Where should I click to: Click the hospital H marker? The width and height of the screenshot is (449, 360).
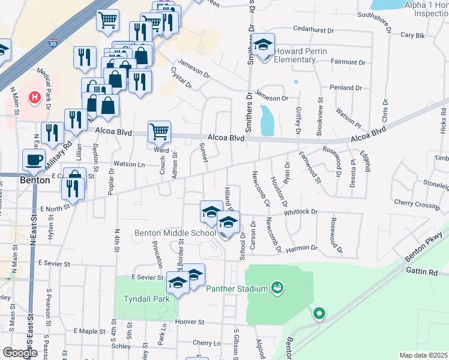click(x=35, y=96)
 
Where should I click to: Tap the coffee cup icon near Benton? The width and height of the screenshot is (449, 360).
click(x=34, y=160)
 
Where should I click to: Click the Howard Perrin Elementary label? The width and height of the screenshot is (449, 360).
click(x=300, y=55)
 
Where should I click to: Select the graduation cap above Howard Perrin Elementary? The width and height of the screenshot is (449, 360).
click(x=262, y=45)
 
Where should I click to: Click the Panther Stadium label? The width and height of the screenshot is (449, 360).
click(x=237, y=289)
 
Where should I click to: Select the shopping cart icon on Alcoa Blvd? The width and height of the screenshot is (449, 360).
click(x=159, y=130)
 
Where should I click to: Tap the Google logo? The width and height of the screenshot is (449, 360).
click(x=19, y=352)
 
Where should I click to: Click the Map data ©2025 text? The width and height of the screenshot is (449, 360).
click(x=423, y=355)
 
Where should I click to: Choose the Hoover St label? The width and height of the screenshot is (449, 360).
click(x=190, y=322)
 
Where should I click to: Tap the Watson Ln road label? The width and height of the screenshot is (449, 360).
click(x=129, y=164)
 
